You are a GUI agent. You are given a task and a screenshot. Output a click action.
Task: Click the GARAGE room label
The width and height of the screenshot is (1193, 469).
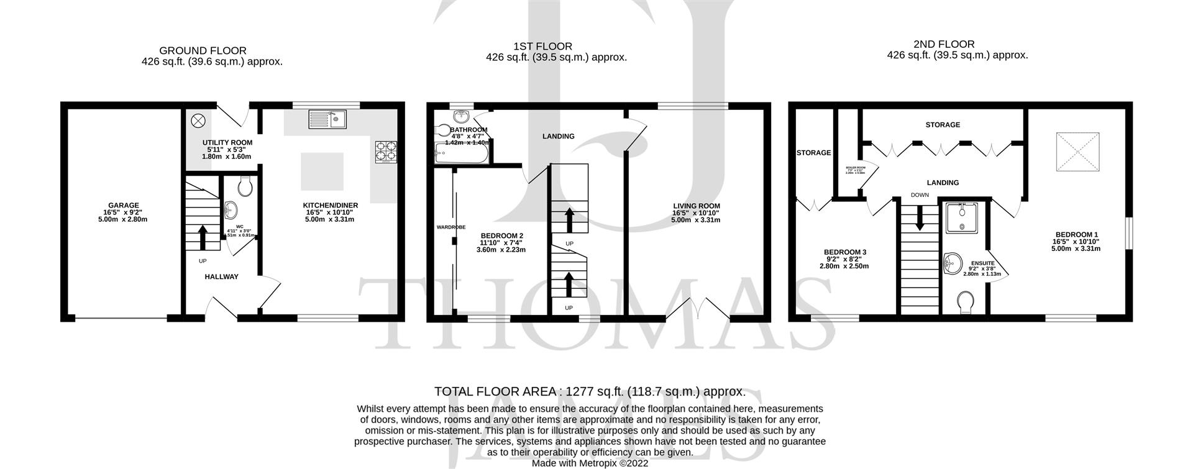pos(123,206)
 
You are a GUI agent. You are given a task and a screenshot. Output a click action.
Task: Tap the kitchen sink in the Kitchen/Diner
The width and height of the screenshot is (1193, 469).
pos(327,118)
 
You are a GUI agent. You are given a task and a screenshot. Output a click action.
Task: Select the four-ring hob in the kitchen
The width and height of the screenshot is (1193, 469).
pos(385,152)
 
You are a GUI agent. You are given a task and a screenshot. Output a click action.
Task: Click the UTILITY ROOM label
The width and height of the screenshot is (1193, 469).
pos(227,142)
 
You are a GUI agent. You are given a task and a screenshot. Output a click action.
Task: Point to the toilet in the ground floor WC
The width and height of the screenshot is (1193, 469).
pos(245,185)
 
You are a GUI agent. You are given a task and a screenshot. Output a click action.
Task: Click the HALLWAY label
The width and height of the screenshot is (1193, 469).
pos(222,276)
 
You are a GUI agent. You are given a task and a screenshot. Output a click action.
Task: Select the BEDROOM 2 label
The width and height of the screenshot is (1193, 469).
pos(501,235)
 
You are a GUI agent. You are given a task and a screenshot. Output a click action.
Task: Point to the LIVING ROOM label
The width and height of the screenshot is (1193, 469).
pos(696,206)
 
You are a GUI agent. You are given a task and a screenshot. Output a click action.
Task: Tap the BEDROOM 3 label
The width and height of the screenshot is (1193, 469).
pos(844,252)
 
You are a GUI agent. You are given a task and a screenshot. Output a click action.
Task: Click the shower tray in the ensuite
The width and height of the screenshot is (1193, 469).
pos(962,217)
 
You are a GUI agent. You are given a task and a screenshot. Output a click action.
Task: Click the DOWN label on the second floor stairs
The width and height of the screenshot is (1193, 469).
pos(920,195)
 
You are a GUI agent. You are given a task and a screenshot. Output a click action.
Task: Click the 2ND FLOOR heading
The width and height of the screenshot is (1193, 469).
pos(944,44)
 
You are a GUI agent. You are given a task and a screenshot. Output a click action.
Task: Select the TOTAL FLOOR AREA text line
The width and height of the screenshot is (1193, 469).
pos(590,391)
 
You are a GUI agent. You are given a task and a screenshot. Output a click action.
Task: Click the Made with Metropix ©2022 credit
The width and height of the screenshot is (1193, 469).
pos(590,463)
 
